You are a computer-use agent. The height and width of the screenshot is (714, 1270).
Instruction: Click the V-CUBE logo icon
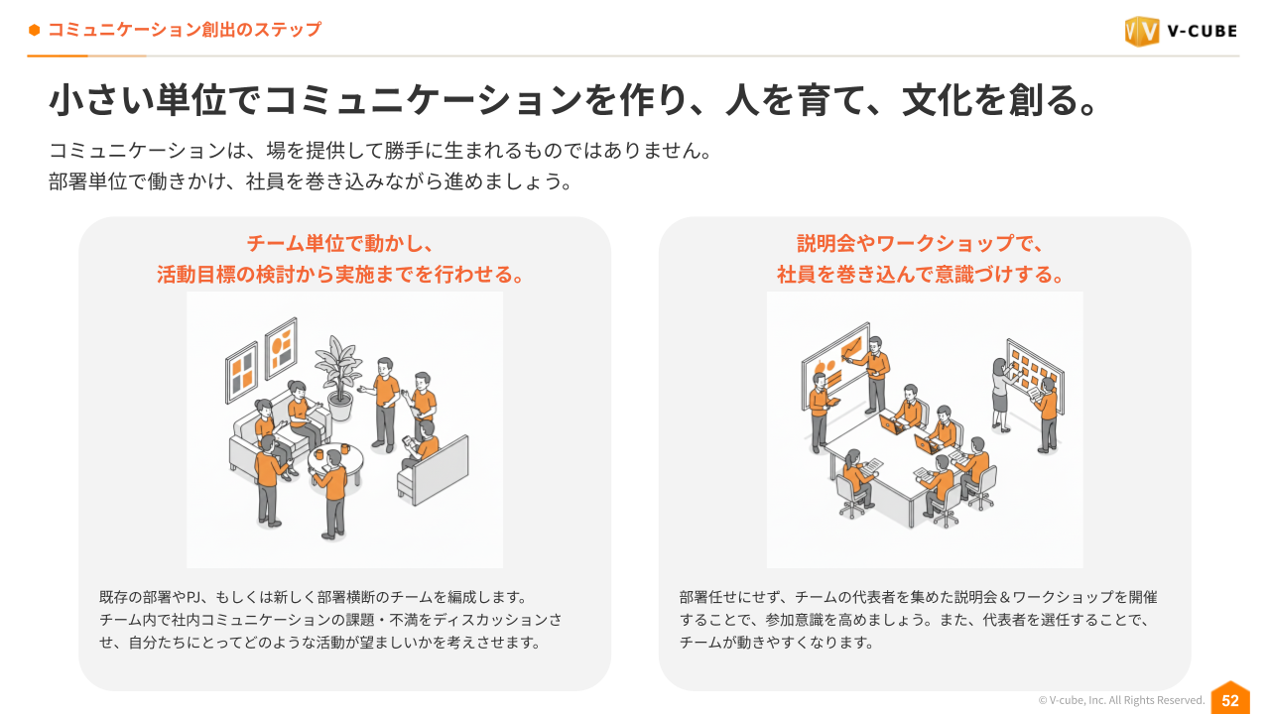(1141, 31)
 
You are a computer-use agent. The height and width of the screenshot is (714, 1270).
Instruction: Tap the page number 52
(1230, 700)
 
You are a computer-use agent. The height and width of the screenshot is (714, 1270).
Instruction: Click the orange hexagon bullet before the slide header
(34, 30)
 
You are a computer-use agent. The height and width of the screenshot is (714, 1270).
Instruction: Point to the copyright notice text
(1121, 700)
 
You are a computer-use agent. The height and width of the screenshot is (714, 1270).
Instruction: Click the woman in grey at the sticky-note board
(1000, 394)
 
